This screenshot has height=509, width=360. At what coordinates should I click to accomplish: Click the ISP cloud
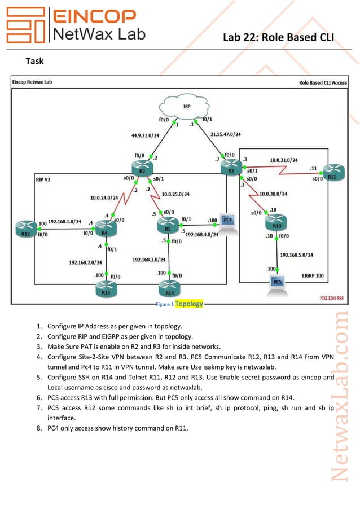click(x=186, y=107)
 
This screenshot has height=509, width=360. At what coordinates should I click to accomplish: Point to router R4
click(x=106, y=228)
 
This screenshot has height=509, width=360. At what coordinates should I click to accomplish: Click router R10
click(x=276, y=222)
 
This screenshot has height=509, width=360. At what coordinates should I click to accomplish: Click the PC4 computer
click(x=228, y=220)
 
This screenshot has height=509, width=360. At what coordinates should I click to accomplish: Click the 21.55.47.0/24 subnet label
click(x=225, y=134)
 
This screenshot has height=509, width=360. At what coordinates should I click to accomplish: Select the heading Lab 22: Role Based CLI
click(x=278, y=38)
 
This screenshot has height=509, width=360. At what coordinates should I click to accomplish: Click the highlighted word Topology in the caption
click(x=188, y=304)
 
